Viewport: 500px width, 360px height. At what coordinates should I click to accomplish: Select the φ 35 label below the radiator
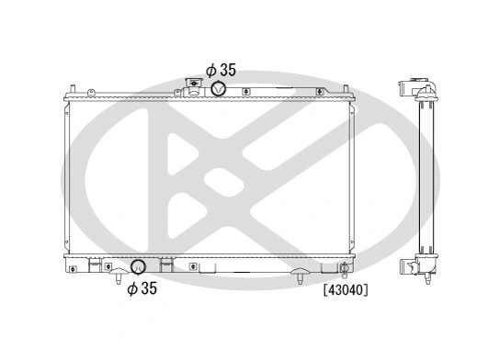[x=142, y=288]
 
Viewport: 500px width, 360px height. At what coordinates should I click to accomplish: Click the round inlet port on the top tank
[x=220, y=88]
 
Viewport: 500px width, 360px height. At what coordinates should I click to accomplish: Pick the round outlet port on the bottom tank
[x=138, y=268]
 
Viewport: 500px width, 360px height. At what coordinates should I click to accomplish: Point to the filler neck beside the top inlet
[x=195, y=86]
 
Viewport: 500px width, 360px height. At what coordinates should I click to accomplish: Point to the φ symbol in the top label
[x=210, y=69]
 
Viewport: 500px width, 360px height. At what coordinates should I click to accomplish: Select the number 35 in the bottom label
[x=150, y=288]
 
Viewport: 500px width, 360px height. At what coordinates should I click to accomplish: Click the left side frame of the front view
[x=69, y=174]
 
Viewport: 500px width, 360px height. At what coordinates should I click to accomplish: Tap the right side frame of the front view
[x=352, y=174]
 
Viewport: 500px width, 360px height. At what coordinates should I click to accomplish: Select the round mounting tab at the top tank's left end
[x=93, y=91]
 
